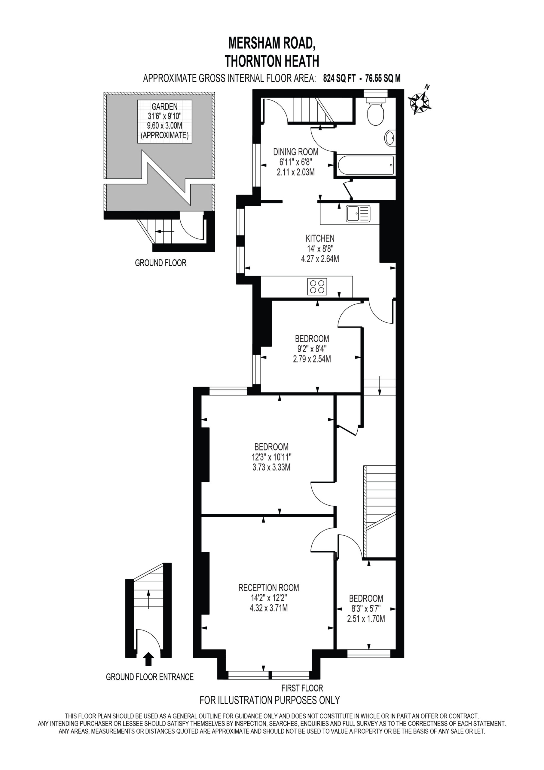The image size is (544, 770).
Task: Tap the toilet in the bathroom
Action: [x=376, y=111]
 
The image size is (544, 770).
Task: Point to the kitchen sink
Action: [x=358, y=214]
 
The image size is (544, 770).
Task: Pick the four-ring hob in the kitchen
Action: [x=317, y=287]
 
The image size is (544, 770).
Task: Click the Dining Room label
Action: [x=296, y=152]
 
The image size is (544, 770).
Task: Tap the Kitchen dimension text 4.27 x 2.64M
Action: [x=320, y=259]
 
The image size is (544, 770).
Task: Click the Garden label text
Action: [x=165, y=107]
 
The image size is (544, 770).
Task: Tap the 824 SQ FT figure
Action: [x=339, y=79]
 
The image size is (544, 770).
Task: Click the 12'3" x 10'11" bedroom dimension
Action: [x=272, y=457]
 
